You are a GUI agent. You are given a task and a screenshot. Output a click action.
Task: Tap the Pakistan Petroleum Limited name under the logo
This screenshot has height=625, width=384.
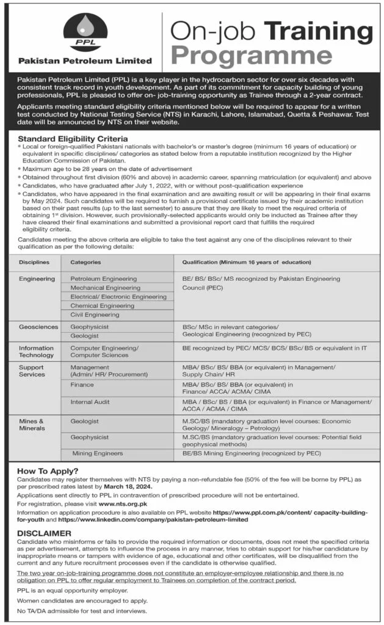pyautogui.click(x=85, y=60)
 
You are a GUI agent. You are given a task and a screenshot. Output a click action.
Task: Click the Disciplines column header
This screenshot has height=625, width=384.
pyautogui.click(x=34, y=262)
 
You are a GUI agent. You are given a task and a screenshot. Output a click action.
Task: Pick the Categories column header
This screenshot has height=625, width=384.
pyautogui.click(x=85, y=262)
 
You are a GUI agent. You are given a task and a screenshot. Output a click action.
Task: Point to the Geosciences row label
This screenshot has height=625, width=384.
pyautogui.click(x=38, y=327)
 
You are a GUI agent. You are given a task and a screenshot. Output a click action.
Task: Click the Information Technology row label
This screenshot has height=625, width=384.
pyautogui.click(x=36, y=351)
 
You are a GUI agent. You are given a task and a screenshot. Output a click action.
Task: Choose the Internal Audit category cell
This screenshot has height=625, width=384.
pyautogui.click(x=90, y=402)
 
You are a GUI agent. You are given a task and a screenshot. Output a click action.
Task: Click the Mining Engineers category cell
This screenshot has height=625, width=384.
pyautogui.click(x=98, y=453)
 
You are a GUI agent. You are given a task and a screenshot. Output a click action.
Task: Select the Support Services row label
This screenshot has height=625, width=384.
pyautogui.click(x=32, y=371)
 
